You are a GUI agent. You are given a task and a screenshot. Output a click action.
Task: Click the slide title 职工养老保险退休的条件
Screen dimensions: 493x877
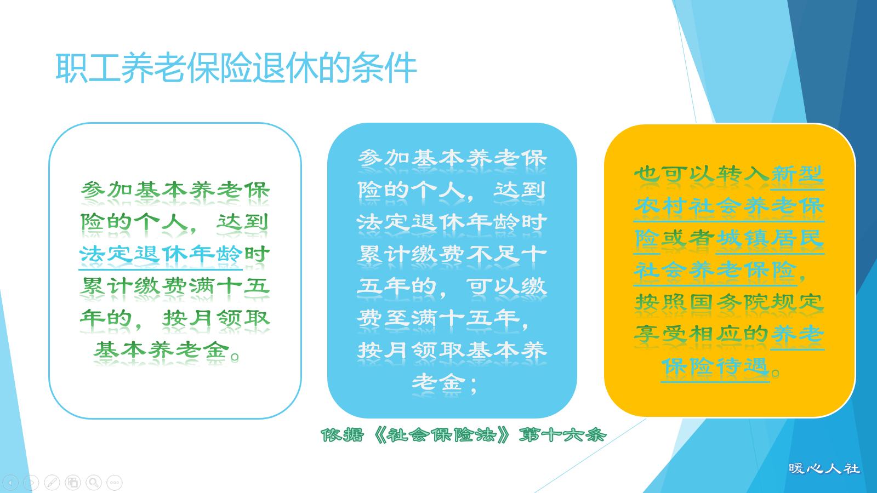(236, 68)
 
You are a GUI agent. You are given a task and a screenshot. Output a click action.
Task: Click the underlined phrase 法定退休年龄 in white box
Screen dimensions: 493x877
(161, 254)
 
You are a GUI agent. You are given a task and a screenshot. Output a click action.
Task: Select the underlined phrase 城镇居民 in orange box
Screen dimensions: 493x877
(770, 238)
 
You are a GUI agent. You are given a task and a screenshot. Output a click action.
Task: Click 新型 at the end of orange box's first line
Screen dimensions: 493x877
(797, 175)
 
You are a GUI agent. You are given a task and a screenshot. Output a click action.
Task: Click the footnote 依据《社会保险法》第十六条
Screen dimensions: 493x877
(464, 435)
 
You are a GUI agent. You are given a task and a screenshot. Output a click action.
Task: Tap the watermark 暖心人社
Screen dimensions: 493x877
(824, 469)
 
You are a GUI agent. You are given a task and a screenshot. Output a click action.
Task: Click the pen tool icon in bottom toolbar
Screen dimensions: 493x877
(52, 483)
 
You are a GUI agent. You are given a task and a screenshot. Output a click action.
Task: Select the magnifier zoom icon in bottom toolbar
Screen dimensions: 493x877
(94, 483)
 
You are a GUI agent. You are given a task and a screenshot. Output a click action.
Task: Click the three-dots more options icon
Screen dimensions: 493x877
(115, 483)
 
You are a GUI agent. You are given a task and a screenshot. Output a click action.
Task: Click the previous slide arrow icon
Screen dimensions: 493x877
(10, 483)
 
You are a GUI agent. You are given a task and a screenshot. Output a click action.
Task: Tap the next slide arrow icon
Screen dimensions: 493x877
(31, 483)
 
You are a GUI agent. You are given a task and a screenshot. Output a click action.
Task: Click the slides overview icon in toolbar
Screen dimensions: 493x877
(73, 483)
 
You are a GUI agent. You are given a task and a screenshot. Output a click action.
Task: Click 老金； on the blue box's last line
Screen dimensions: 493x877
(445, 382)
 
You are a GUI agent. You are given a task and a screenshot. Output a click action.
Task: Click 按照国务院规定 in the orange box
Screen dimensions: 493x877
(729, 302)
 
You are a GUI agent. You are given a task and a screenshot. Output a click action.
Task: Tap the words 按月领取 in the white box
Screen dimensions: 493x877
(215, 318)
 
